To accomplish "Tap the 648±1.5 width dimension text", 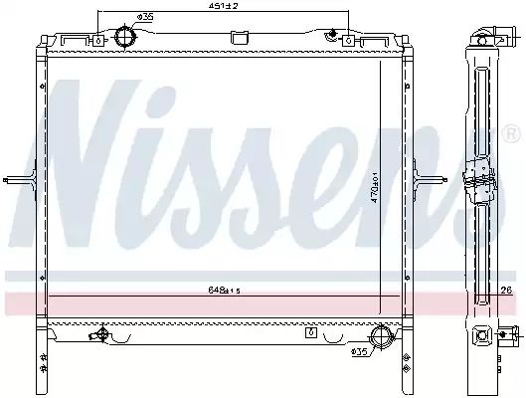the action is [225, 291].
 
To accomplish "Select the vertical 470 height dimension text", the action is [376, 188].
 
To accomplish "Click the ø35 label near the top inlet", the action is [145, 17].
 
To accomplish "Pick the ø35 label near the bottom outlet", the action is [359, 351].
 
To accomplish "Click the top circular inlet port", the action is [125, 37].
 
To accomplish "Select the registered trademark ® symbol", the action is [512, 133].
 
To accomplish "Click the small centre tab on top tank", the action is [240, 38].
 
